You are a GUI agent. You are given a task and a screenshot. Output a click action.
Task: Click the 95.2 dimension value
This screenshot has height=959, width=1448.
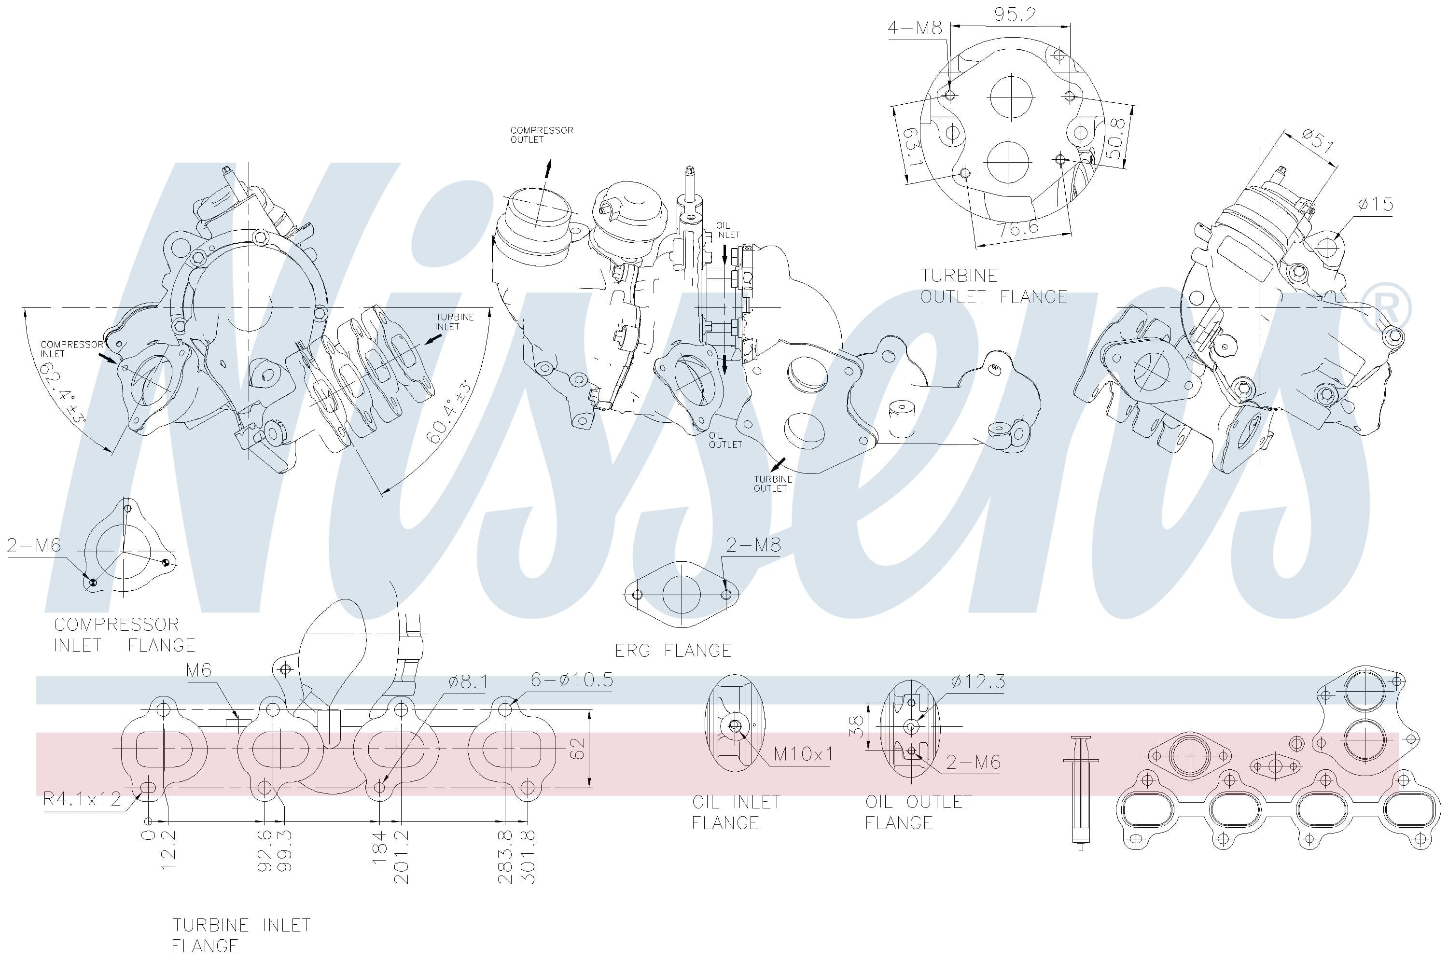coord(1015,14)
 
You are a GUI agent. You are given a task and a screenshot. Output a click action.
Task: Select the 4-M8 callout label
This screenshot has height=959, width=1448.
coord(915,28)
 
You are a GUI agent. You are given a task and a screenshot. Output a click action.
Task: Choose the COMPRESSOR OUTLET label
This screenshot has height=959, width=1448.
coord(541,135)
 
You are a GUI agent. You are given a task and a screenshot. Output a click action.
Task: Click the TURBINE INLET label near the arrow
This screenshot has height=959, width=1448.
coord(454,322)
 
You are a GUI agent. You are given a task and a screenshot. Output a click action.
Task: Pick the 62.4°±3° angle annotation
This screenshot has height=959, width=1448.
coord(62,392)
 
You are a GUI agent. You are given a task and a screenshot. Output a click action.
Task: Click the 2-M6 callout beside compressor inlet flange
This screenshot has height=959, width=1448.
coord(34,545)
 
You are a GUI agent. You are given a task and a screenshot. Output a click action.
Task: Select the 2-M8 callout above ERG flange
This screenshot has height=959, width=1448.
coord(753,545)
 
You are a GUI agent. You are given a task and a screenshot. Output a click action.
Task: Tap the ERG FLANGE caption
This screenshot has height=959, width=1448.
coord(673,651)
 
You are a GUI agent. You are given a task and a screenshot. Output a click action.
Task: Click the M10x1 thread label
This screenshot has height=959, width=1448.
coord(803,754)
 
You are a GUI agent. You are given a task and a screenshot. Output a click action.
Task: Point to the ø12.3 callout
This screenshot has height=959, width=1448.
coord(978,681)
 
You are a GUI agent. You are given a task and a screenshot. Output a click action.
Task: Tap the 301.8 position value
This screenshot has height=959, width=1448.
coord(528,856)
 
